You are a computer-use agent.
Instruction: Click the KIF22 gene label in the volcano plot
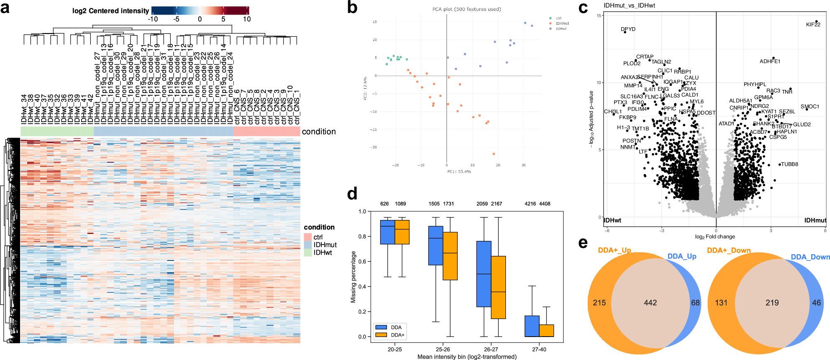click(x=813, y=25)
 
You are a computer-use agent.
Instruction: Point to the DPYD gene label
click(x=628, y=29)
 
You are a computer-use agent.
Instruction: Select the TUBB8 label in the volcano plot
click(x=789, y=164)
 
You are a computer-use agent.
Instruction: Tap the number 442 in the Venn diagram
click(x=650, y=303)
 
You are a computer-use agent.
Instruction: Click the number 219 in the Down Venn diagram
click(x=772, y=303)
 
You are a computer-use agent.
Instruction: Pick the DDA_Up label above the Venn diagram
click(x=681, y=256)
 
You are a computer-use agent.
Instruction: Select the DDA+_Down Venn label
click(x=729, y=250)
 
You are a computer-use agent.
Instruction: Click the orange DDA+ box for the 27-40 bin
click(x=546, y=330)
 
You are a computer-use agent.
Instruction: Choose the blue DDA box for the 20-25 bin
click(x=387, y=232)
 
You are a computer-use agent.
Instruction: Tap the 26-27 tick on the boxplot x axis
click(x=491, y=349)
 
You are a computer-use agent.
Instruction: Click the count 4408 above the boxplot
click(x=545, y=204)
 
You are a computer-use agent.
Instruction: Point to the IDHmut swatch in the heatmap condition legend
click(x=308, y=245)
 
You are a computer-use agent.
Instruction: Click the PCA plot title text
click(x=466, y=9)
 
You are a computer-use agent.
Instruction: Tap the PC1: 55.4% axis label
click(x=459, y=171)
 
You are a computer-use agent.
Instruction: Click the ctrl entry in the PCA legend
click(x=558, y=18)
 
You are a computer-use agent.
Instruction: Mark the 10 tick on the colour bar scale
click(x=247, y=19)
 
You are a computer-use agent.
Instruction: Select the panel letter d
click(x=352, y=194)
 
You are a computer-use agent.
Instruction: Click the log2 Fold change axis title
click(x=715, y=237)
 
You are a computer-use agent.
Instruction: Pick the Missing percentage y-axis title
click(x=354, y=277)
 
